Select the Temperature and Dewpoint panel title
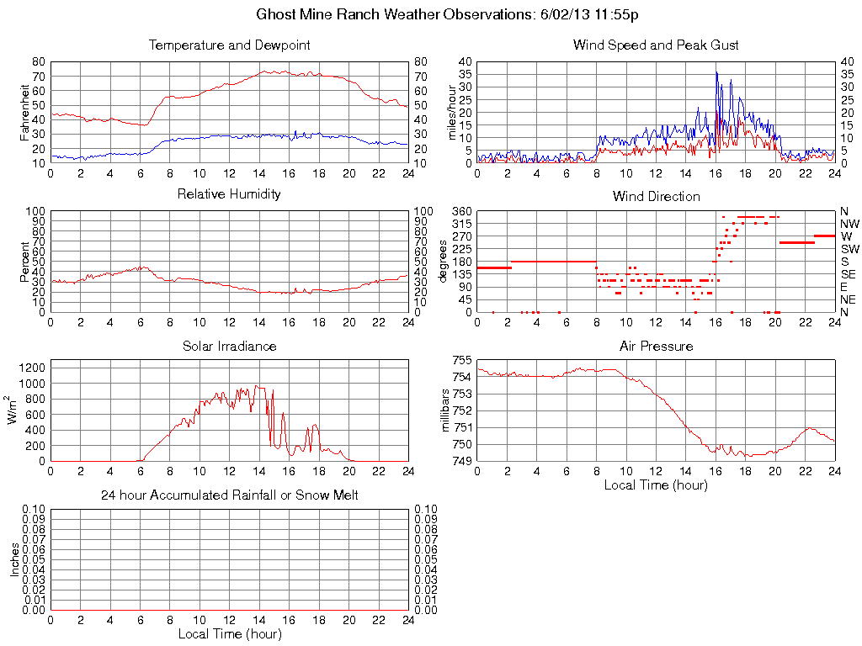pyautogui.click(x=229, y=45)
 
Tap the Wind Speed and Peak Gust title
pyautogui.click(x=656, y=45)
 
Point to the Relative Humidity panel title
pyautogui.click(x=229, y=194)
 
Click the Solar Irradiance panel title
pyautogui.click(x=229, y=346)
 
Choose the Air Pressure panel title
pyautogui.click(x=656, y=346)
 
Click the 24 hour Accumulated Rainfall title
pyautogui.click(x=229, y=495)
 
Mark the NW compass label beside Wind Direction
pyautogui.click(x=849, y=224)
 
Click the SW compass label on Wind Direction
pyautogui.click(x=849, y=249)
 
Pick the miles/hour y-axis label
pyautogui.click(x=452, y=112)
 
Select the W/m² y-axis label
pyautogui.click(x=13, y=410)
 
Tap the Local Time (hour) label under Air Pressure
pyautogui.click(x=656, y=484)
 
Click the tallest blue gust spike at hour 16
pyautogui.click(x=716, y=73)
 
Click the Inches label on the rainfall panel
pyautogui.click(x=14, y=559)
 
